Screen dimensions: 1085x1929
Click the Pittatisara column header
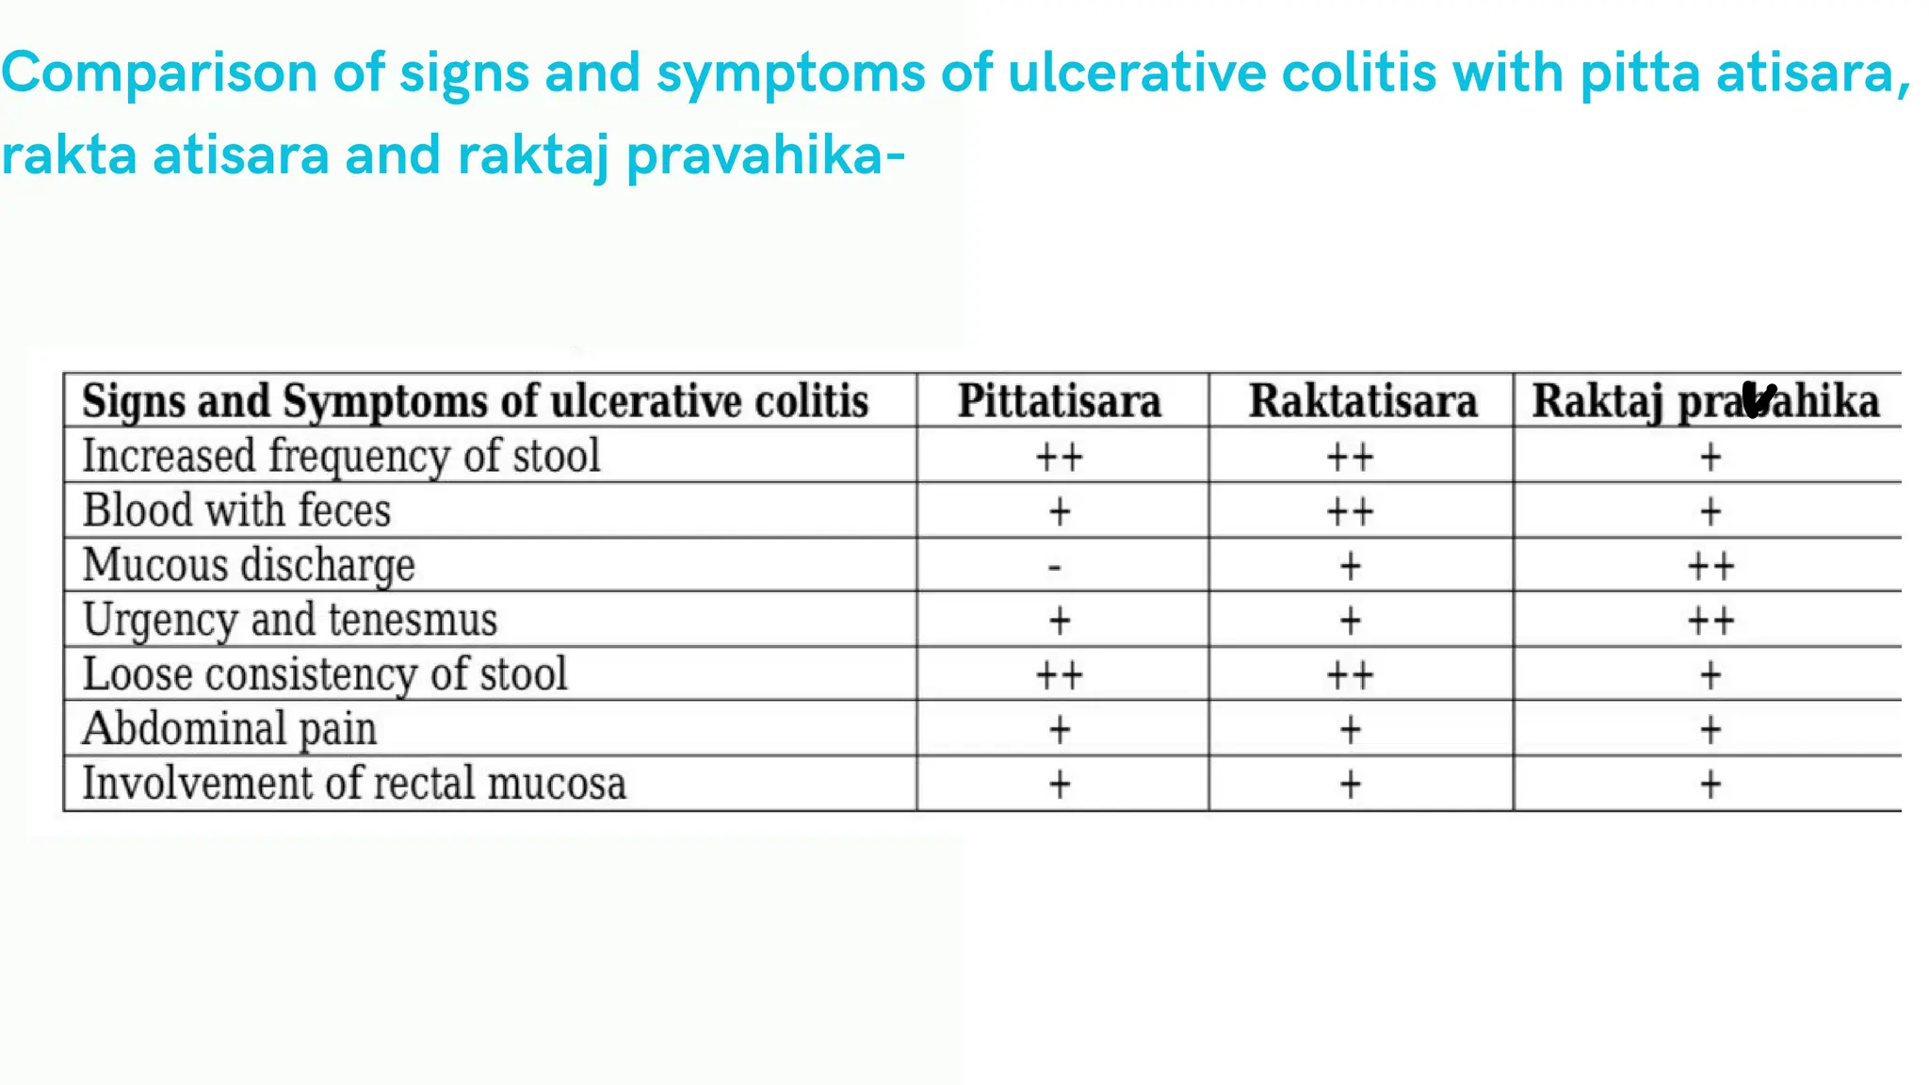pyautogui.click(x=1060, y=401)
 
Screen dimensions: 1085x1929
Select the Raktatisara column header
pyautogui.click(x=1362, y=401)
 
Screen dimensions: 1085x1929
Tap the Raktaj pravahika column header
pyautogui.click(x=1705, y=401)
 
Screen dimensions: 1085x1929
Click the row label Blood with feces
pyautogui.click(x=236, y=510)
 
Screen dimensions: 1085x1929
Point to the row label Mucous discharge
pyautogui.click(x=249, y=565)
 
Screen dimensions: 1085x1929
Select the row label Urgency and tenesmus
pyautogui.click(x=289, y=620)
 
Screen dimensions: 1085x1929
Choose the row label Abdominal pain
pyautogui.click(x=230, y=728)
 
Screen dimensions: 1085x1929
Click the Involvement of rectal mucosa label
pyautogui.click(x=353, y=784)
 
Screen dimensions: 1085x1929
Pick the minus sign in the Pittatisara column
pyautogui.click(x=1055, y=567)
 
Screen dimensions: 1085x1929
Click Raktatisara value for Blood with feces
pyautogui.click(x=1350, y=512)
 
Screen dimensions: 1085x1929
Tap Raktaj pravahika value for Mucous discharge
pyautogui.click(x=1710, y=567)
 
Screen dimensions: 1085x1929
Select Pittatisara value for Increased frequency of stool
pyautogui.click(x=1060, y=458)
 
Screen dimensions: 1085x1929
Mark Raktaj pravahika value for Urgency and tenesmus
pyautogui.click(x=1710, y=622)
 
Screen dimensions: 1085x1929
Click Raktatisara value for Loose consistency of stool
pyautogui.click(x=1350, y=675)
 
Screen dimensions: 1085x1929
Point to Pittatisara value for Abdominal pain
pyautogui.click(x=1060, y=730)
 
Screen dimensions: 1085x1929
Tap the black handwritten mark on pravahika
pyautogui.click(x=1758, y=399)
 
